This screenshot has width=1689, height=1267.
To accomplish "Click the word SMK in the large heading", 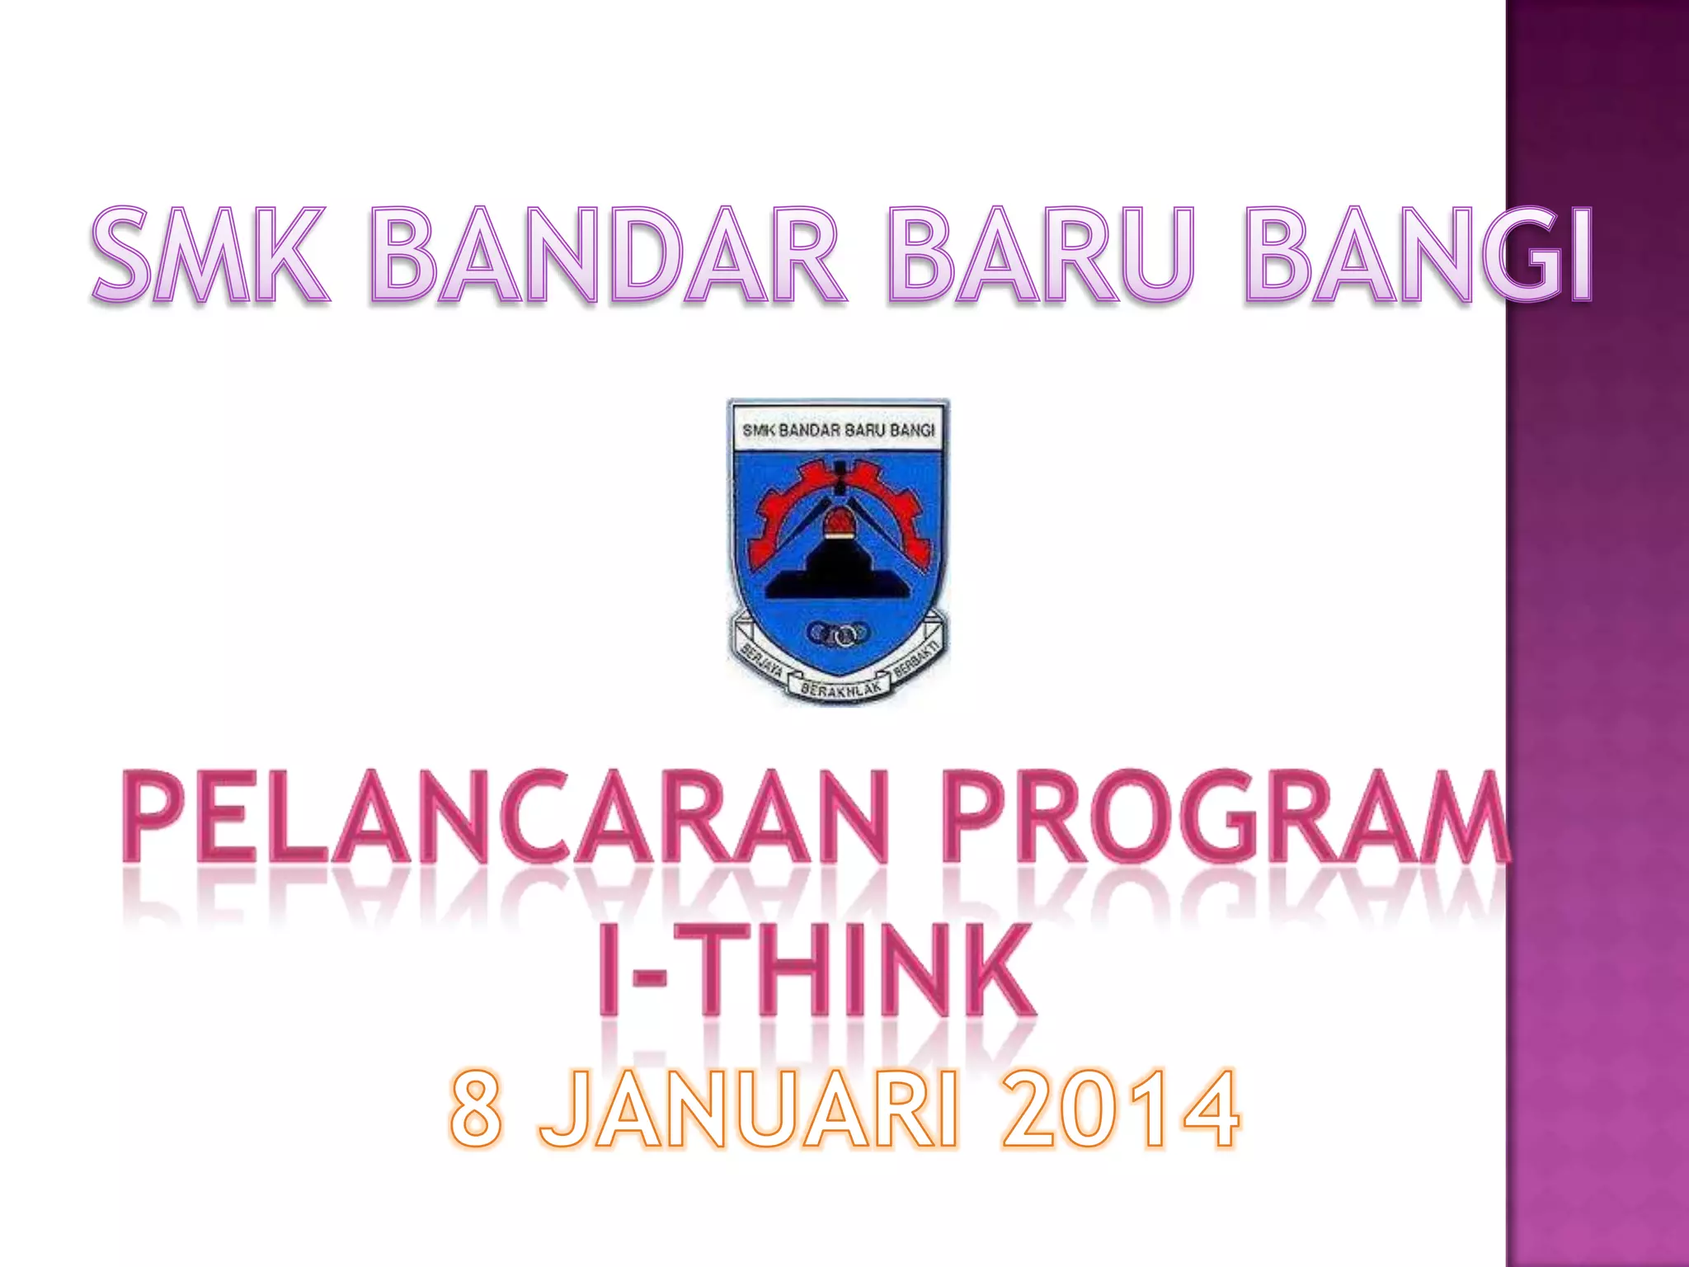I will [209, 256].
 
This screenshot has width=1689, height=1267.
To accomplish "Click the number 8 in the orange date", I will [477, 1109].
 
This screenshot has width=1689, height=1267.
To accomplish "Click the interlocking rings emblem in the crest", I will [838, 633].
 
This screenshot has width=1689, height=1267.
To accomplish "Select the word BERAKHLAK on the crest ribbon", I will [836, 689].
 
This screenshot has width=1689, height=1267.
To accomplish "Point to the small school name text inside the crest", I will [838, 430].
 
